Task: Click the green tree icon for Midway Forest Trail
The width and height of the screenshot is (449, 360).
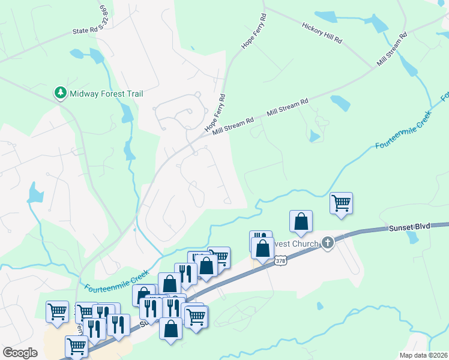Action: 60,93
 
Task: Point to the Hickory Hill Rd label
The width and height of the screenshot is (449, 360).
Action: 322,33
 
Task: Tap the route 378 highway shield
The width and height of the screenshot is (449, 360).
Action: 280,260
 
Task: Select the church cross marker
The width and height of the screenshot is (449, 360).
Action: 327,243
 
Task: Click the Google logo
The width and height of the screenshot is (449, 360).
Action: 20,352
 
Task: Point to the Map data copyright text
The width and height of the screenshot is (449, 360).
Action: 424,355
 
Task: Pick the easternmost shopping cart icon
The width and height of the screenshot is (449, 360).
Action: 341,203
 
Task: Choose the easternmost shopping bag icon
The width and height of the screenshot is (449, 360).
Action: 301,221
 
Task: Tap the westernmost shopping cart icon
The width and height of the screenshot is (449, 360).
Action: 57,311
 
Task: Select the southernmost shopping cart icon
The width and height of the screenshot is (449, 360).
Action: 76,346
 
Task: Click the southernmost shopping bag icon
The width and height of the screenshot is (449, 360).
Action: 171,328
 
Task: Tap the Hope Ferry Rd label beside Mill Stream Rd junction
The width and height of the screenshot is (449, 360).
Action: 215,113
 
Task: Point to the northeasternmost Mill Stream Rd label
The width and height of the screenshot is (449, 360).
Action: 392,49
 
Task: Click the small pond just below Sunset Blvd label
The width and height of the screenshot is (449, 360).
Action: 412,237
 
